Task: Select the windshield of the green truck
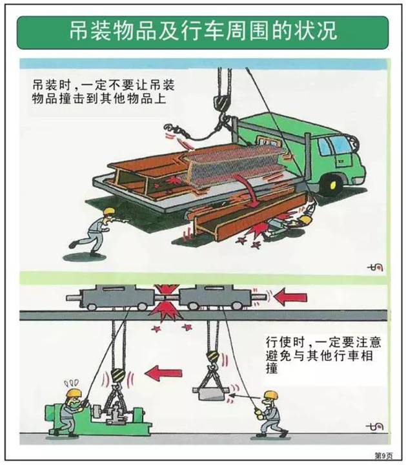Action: click(x=340, y=144)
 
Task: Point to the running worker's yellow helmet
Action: click(x=108, y=211)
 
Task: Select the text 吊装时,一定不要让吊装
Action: click(x=107, y=85)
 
